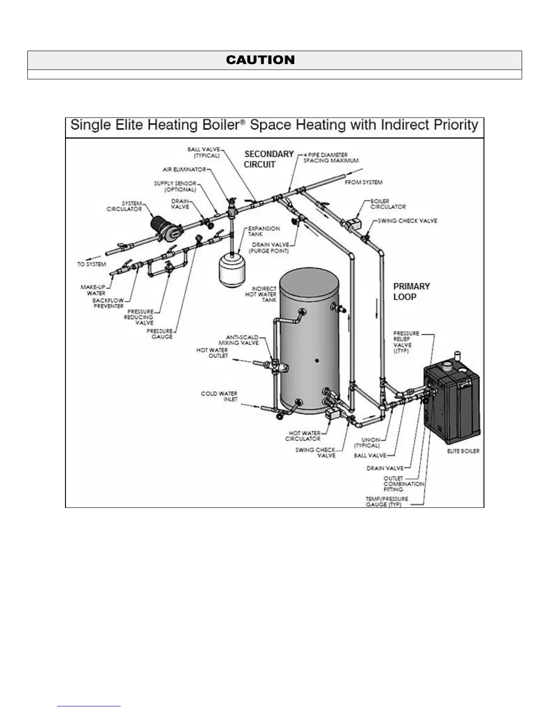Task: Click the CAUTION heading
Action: pos(260,60)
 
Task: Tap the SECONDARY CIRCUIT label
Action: pos(269,159)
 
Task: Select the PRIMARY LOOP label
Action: pos(411,291)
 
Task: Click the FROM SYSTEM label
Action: pos(363,182)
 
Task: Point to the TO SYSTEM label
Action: pos(91,264)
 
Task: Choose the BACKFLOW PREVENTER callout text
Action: pos(108,303)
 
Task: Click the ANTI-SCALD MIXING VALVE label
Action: pos(242,340)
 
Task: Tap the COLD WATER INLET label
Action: pos(219,396)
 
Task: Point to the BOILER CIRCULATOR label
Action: pos(388,204)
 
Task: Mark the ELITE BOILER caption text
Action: pos(463,451)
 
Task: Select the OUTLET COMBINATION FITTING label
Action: pos(404,484)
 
